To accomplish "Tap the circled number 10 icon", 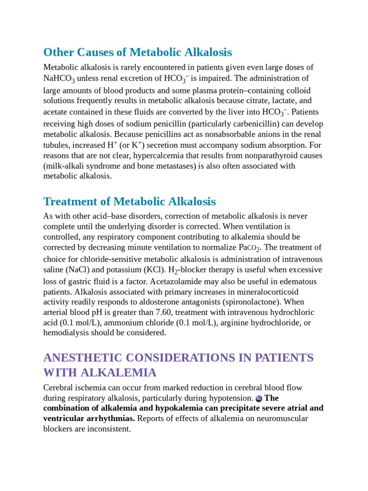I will (x=259, y=398).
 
